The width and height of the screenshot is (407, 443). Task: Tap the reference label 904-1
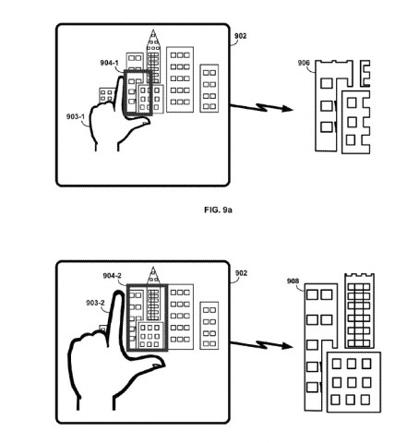tap(110, 64)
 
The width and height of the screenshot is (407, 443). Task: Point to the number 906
tap(304, 63)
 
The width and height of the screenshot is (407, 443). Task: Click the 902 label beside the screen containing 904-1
tap(240, 36)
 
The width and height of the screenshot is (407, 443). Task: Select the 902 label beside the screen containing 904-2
tap(240, 273)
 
